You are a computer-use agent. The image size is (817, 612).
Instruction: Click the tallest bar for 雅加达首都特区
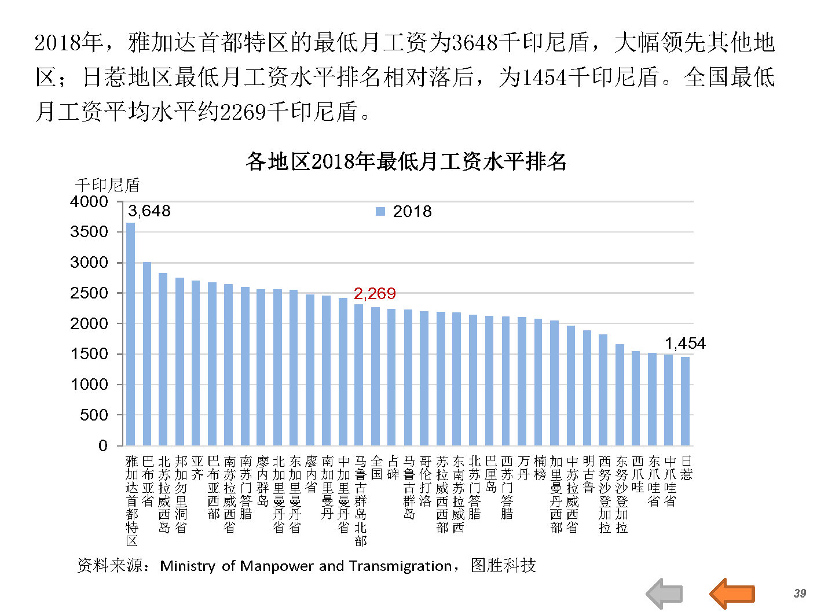[x=131, y=334]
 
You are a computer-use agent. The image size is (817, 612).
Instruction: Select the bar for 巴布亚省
[x=147, y=353]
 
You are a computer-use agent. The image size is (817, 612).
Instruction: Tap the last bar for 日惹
[x=686, y=401]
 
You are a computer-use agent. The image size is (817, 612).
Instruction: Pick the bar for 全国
[x=376, y=376]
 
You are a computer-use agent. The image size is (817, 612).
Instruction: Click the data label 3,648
[x=149, y=211]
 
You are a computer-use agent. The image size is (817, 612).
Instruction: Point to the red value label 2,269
[x=375, y=293]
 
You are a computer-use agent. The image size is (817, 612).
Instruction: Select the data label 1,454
[x=685, y=343]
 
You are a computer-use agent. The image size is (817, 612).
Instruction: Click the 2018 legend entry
[x=404, y=212]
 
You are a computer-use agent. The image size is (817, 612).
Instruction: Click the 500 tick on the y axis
[x=93, y=415]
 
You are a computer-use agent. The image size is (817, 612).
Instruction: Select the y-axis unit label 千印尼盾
[x=108, y=185]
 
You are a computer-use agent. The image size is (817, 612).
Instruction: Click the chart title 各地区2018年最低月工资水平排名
[x=406, y=161]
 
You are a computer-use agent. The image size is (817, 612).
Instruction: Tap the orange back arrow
[x=732, y=593]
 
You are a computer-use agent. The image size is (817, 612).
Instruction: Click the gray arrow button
[x=664, y=593]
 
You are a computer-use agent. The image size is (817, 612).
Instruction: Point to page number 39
[x=800, y=593]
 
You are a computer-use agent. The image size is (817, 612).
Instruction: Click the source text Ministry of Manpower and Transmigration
[x=306, y=566]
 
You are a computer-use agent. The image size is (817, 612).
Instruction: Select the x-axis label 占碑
[x=393, y=468]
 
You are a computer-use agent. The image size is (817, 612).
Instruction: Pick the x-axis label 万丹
[x=523, y=468]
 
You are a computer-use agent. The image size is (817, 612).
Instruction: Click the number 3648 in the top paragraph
[x=474, y=42]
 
